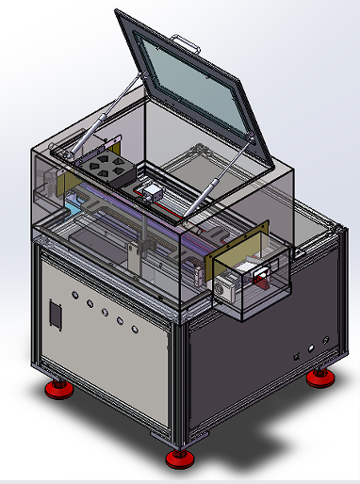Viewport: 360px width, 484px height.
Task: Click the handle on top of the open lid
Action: pos(186,41)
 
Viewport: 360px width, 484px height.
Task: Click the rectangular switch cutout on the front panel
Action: pos(56,315)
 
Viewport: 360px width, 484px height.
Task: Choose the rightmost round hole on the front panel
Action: pos(137,330)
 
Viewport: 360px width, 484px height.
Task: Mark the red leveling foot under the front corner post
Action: pos(177,459)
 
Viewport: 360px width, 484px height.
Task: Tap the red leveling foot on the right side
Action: pos(319,378)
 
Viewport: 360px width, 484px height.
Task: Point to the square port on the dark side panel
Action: pos(297,357)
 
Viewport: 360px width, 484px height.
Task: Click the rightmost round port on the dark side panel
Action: pos(327,341)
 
